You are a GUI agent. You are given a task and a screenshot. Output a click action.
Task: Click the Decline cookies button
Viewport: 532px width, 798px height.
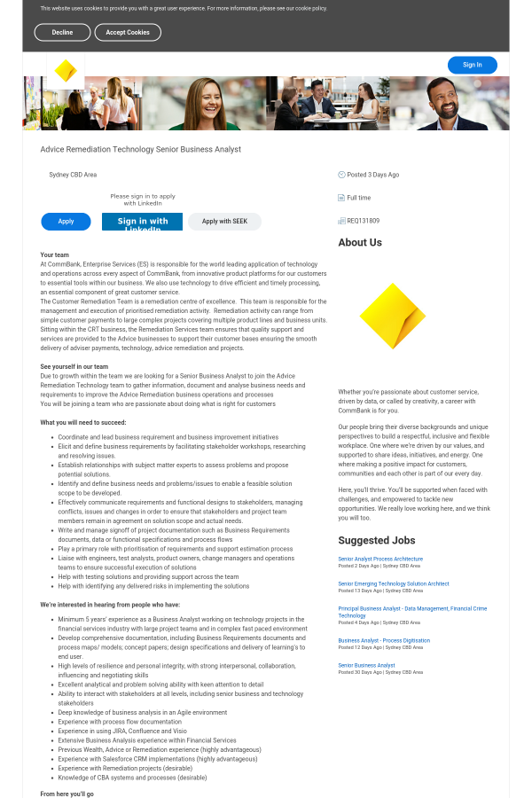coord(62,32)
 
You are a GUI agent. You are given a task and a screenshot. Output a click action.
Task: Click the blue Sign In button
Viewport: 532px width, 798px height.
coord(472,65)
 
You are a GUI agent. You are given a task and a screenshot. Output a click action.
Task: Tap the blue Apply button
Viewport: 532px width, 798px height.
coord(66,221)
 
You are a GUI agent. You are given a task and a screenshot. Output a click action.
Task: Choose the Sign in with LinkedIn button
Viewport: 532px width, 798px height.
coord(142,222)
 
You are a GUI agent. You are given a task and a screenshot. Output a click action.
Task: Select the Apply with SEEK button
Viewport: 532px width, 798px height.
coord(224,221)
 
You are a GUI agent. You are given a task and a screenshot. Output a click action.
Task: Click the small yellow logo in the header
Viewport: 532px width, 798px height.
coord(66,71)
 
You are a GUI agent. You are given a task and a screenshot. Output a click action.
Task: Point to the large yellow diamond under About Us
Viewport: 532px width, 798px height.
coord(393,317)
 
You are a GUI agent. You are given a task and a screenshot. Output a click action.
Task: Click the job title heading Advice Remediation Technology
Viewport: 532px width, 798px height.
coord(140,149)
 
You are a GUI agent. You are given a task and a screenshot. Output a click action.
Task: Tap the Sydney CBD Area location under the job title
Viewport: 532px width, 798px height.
coord(73,175)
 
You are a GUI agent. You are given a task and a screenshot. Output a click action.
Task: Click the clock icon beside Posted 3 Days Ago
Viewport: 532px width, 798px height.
coord(341,175)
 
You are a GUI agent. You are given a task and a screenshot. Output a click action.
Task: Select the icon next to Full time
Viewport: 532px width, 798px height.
coord(341,198)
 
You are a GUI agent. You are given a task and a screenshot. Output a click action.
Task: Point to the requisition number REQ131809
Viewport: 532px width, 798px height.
coord(363,221)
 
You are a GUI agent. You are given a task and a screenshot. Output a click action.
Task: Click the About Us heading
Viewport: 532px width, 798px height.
coord(360,242)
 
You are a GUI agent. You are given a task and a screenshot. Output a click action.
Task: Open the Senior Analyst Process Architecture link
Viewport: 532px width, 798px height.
coord(380,559)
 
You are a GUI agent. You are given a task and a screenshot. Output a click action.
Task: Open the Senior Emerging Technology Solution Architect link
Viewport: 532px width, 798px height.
coord(394,583)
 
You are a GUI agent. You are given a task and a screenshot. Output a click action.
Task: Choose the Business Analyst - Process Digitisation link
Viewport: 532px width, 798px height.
coord(384,640)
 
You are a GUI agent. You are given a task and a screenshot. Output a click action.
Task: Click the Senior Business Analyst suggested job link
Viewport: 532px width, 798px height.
coord(366,665)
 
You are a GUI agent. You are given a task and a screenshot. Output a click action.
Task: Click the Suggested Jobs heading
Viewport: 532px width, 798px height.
coord(377,540)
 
